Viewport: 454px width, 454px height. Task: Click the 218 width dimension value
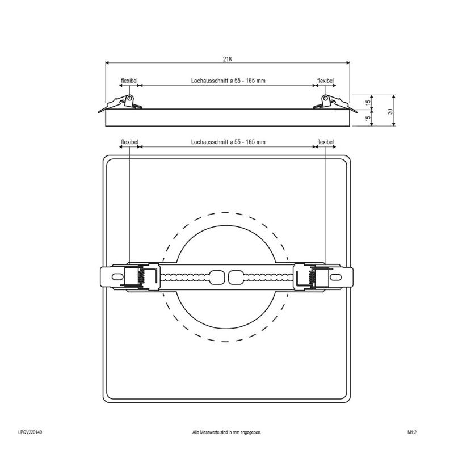[x=228, y=59]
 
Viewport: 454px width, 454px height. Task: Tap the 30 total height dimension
[x=390, y=111]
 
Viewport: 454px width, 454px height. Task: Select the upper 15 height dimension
[x=368, y=102]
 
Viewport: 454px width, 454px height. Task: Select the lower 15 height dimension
[x=368, y=118]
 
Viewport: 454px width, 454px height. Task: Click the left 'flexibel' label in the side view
[x=129, y=81]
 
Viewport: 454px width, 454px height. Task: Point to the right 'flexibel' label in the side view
[x=325, y=81]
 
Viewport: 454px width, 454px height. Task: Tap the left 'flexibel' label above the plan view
[x=130, y=142]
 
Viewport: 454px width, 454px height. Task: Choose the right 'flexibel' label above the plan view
[x=325, y=142]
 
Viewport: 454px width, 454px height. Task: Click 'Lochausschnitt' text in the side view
[x=209, y=81]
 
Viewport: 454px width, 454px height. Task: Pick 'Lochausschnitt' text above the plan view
[x=209, y=142]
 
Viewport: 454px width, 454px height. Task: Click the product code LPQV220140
[x=30, y=432]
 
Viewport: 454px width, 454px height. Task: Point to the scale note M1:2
[x=412, y=432]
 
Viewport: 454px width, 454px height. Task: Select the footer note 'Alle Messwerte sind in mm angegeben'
[x=226, y=432]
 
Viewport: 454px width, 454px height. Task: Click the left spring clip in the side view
[x=120, y=103]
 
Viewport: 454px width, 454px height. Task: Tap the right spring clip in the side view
[x=335, y=103]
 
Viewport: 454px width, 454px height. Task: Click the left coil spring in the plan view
[x=142, y=276]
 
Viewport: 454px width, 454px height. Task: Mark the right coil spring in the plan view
[x=312, y=276]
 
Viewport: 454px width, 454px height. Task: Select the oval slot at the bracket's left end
[x=117, y=277]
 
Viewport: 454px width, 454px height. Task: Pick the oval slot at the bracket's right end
[x=335, y=277]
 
